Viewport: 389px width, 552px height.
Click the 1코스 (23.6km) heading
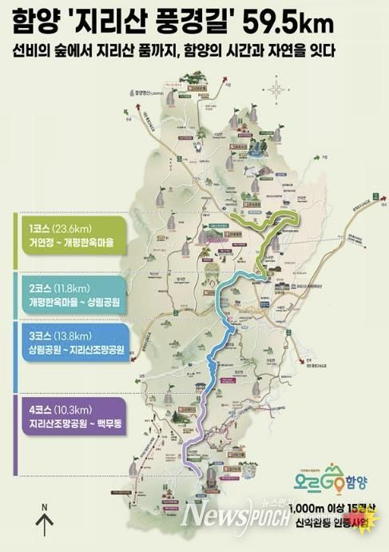(61, 228)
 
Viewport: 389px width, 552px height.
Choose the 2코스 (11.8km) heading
(60, 285)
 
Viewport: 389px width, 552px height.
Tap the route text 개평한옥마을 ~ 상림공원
(76, 300)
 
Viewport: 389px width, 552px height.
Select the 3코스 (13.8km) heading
(61, 336)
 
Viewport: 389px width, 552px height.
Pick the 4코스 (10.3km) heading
(61, 408)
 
